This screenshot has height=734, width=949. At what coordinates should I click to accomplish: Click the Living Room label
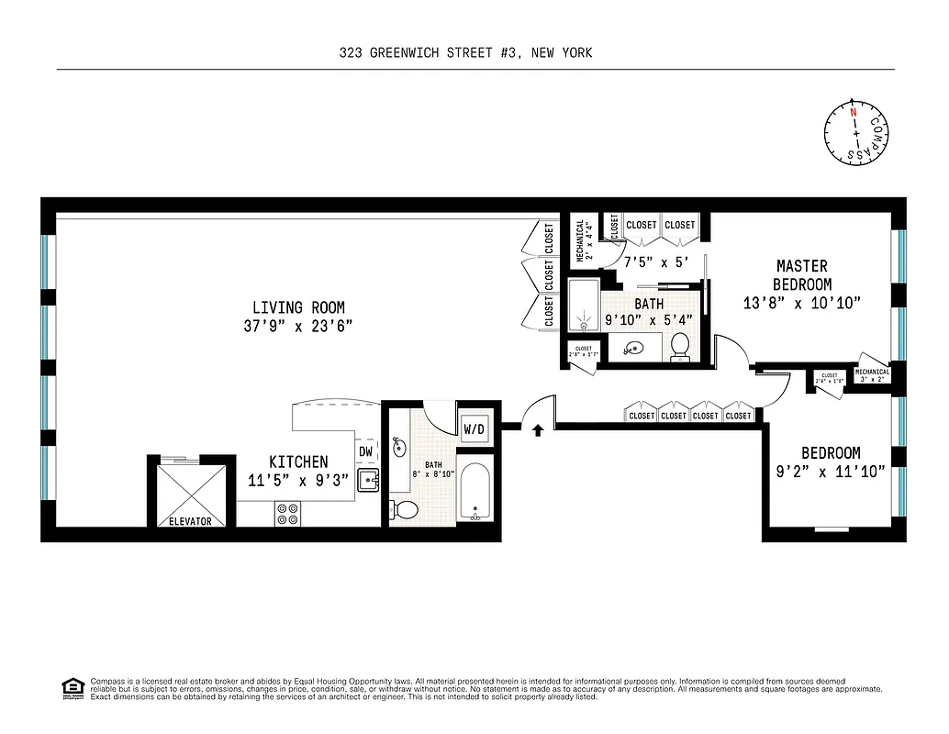coord(299,307)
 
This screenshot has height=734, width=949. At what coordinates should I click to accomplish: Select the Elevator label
coord(189,521)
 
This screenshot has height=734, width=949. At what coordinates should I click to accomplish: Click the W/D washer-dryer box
coord(474,428)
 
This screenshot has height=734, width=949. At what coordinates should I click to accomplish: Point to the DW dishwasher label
coord(365,451)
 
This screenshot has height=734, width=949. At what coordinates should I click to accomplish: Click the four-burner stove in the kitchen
coord(287,514)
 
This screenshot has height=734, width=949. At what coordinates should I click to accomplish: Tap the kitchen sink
coord(368,479)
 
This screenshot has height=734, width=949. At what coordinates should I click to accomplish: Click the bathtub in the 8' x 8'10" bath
coord(474,492)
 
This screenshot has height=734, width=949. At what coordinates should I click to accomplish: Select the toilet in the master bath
coord(680,346)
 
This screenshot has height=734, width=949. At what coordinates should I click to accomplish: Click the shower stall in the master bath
coord(583,305)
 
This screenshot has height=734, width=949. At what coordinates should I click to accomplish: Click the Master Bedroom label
coord(802,275)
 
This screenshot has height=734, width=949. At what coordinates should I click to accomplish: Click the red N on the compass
coord(854,112)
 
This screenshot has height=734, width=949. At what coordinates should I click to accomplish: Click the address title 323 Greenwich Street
coord(465,52)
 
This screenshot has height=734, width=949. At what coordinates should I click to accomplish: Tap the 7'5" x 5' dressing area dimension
coord(655,261)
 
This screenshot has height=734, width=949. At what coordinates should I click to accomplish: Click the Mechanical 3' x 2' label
coord(872,375)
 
